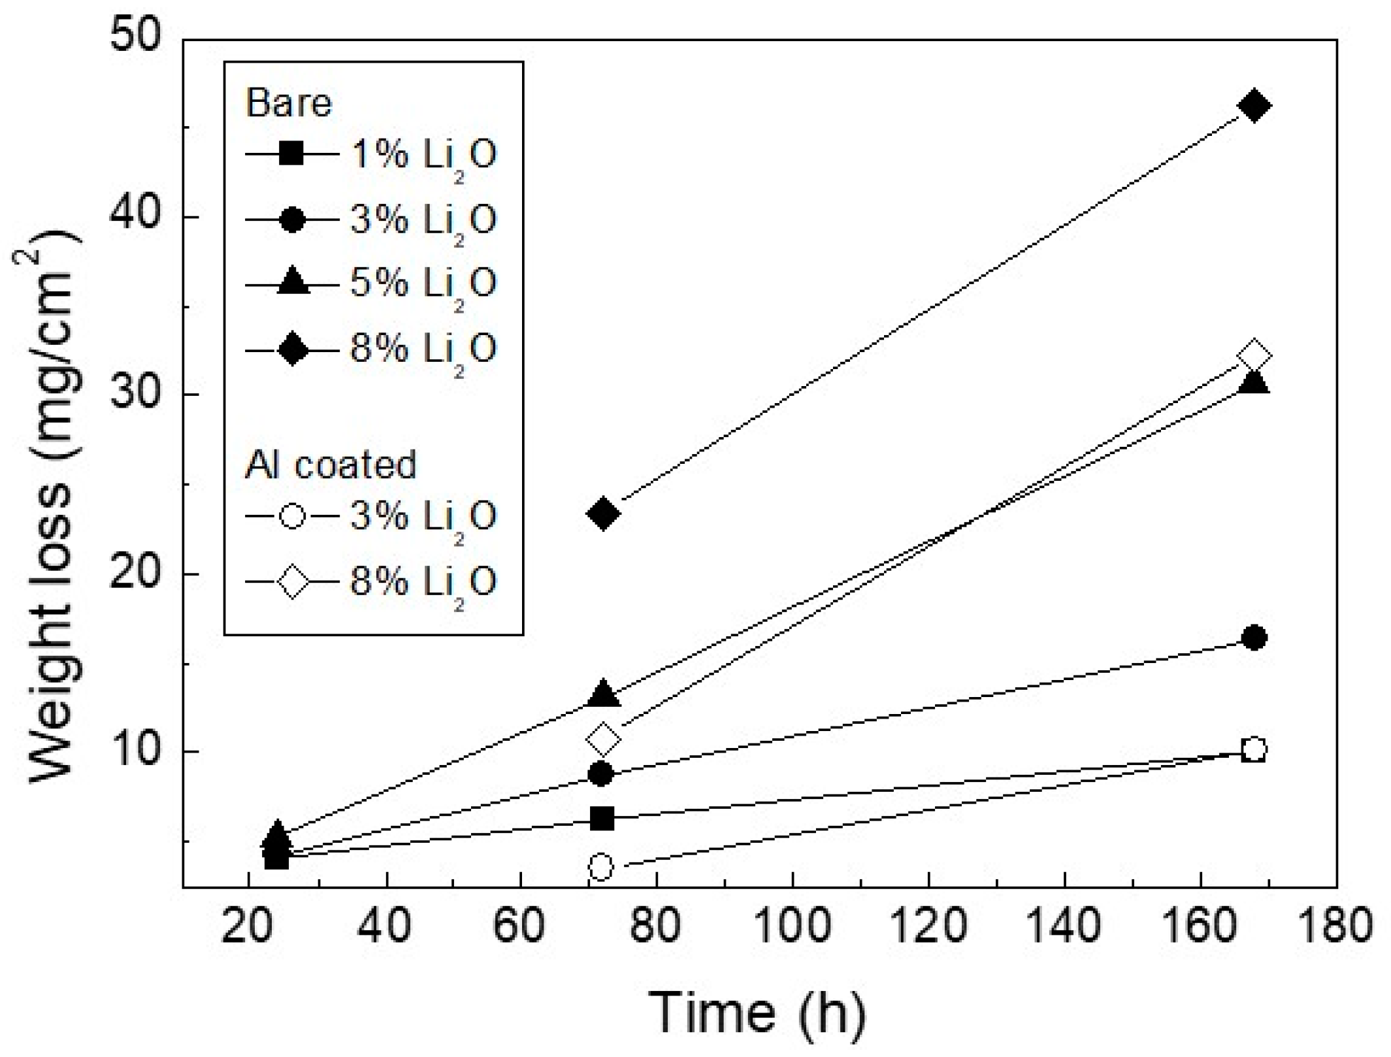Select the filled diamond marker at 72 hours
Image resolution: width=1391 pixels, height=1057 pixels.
(603, 513)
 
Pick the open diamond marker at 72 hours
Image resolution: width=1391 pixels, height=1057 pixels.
(603, 739)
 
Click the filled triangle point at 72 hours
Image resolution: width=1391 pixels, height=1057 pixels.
(603, 694)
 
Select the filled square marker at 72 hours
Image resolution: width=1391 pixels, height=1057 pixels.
(602, 818)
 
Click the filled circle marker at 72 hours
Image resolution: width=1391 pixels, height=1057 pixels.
(601, 774)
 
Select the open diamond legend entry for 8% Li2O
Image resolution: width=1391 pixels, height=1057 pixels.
(371, 581)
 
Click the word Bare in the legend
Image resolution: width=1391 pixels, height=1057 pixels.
(288, 103)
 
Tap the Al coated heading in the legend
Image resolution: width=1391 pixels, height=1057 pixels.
(331, 465)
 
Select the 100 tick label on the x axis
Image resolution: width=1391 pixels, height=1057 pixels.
(792, 926)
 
